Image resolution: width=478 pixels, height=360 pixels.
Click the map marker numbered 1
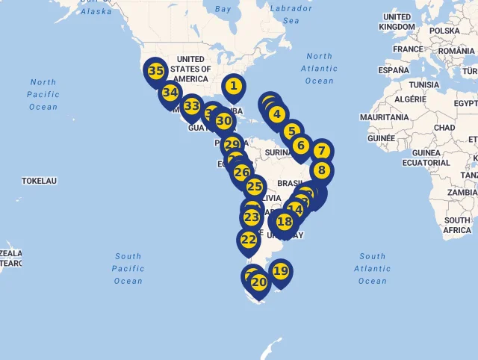(234, 87)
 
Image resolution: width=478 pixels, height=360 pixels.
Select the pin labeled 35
(155, 72)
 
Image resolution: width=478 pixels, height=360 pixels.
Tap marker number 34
(170, 93)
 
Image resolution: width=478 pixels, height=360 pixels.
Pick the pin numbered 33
(192, 106)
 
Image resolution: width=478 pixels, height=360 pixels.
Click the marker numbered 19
(280, 271)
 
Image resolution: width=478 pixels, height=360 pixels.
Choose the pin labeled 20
(259, 282)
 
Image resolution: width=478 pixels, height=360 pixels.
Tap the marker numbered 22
(249, 240)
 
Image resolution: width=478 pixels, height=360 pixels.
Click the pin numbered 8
(322, 170)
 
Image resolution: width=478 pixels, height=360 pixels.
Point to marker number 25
(255, 187)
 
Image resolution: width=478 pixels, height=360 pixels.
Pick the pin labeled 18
(285, 222)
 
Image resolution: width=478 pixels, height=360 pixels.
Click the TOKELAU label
(40, 181)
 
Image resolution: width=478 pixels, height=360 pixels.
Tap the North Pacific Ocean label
(43, 94)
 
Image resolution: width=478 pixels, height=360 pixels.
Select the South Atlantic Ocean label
(373, 268)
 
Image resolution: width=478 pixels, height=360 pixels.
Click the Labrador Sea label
(291, 14)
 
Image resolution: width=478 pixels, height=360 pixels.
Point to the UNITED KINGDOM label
(396, 22)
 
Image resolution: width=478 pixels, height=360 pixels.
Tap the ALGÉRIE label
(410, 99)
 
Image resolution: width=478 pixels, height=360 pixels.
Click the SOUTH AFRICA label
(457, 226)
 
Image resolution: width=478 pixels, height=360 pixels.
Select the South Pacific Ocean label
(128, 268)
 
